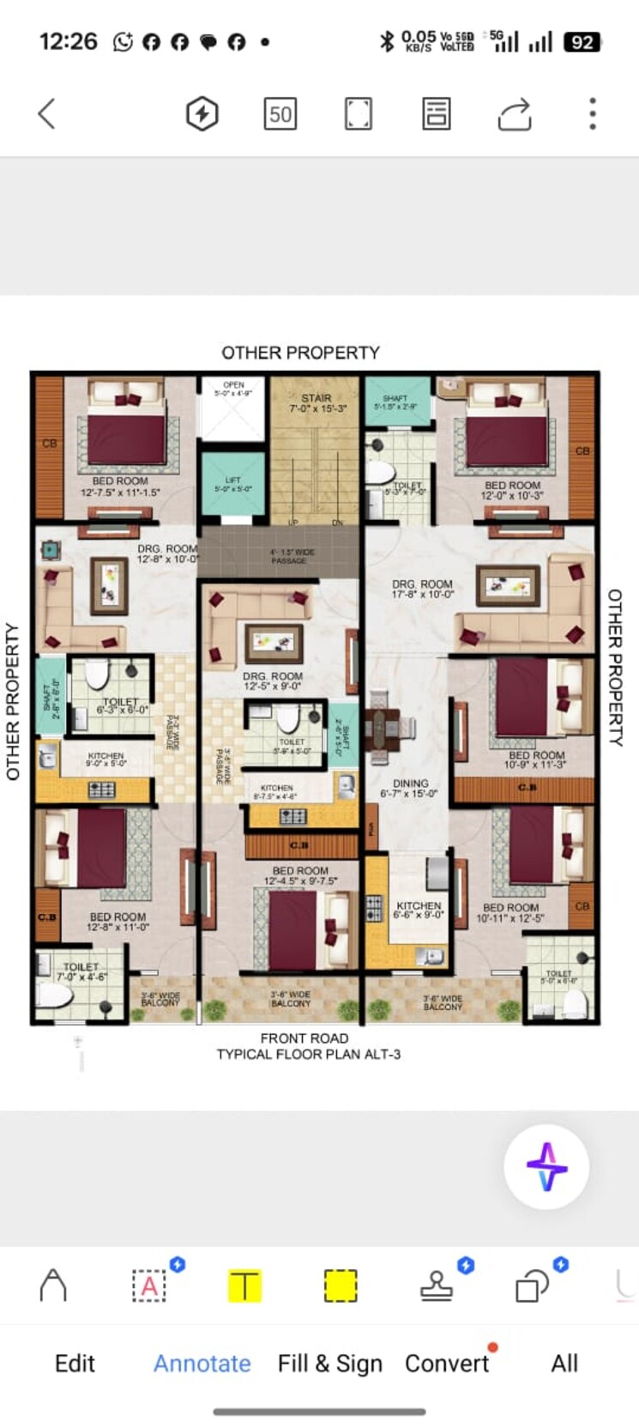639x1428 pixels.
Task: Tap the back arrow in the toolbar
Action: coord(47,113)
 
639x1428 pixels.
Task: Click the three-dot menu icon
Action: coord(592,113)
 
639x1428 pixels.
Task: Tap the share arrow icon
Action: coord(515,113)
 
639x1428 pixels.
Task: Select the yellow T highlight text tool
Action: coord(244,1286)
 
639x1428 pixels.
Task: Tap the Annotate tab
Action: coord(202,1363)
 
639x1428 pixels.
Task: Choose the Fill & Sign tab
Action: coord(330,1363)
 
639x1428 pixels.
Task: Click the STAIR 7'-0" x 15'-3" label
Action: coord(316,403)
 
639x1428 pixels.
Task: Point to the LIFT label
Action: coord(233,484)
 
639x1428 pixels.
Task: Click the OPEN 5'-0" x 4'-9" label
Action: coord(233,389)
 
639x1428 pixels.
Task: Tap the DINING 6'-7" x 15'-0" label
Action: coord(410,788)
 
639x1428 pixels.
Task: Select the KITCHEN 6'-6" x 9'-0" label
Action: coord(419,910)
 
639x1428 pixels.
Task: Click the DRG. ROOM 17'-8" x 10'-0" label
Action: coord(422,589)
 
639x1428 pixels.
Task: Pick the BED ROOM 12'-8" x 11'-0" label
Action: coord(118,922)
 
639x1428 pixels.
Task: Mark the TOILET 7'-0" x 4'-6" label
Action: coord(81,971)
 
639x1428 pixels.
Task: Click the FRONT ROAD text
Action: coord(304,1038)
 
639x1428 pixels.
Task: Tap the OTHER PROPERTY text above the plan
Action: coord(300,353)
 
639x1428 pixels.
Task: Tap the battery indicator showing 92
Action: coord(582,42)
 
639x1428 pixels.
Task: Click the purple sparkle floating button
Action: coord(546,1167)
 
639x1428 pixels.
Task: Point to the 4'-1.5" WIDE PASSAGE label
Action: coord(288,556)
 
